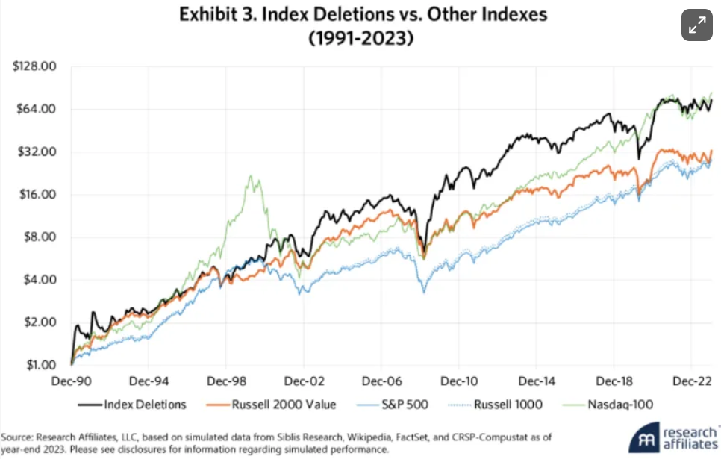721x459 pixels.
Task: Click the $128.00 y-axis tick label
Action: pyautogui.click(x=35, y=66)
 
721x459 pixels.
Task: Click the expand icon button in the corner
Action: pyautogui.click(x=697, y=25)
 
